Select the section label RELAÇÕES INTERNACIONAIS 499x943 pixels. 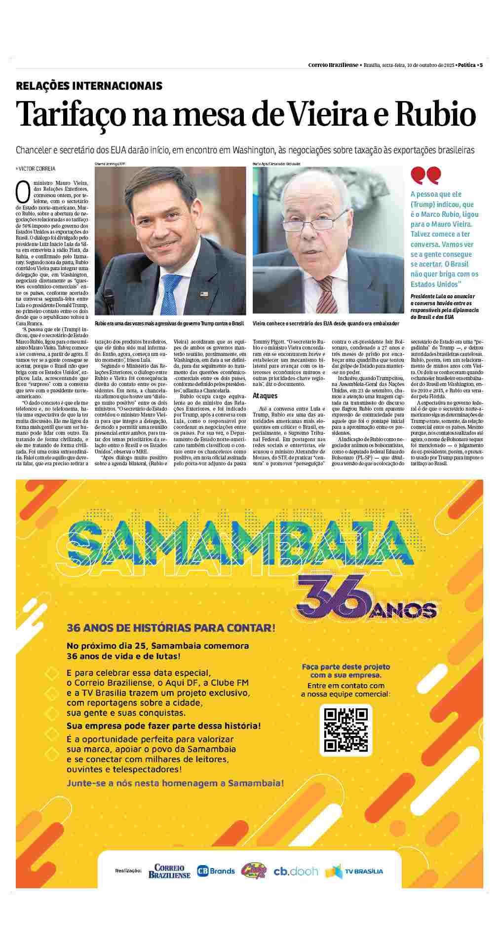89,86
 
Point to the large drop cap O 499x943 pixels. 23,192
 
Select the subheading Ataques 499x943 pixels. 265,395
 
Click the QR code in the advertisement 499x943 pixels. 345,730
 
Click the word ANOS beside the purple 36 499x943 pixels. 405,611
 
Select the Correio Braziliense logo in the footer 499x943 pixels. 169,871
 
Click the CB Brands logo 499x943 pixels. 216,871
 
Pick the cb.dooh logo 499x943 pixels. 296,871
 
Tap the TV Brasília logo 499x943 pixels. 354,871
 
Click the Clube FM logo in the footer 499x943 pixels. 253,871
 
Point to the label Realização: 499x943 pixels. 128,871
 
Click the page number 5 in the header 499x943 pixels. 481,65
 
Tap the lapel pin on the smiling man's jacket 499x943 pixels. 204,294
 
